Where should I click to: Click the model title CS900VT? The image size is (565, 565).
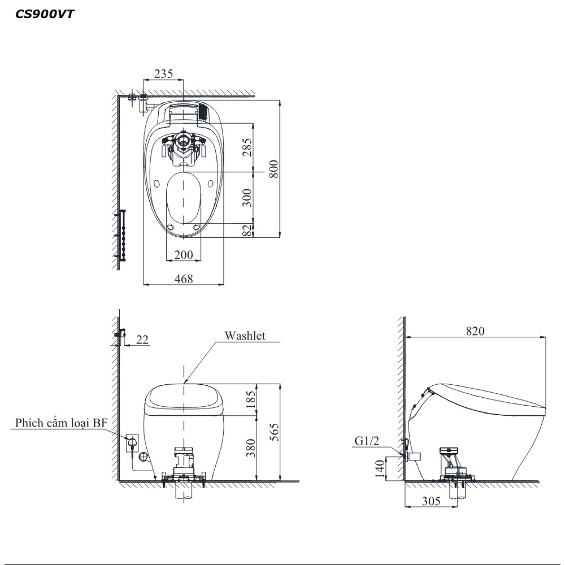[45, 14]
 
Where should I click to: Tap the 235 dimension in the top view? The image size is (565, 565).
[164, 73]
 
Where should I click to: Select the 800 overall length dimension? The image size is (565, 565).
[274, 168]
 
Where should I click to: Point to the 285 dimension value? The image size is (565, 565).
[247, 147]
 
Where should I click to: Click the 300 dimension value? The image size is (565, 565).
[247, 197]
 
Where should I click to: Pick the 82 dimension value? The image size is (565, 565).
[247, 231]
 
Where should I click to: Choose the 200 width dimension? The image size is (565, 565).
[184, 255]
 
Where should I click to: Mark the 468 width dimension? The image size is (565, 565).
[184, 279]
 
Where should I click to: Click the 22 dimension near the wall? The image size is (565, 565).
[142, 340]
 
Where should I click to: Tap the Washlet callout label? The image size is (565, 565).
[245, 336]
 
